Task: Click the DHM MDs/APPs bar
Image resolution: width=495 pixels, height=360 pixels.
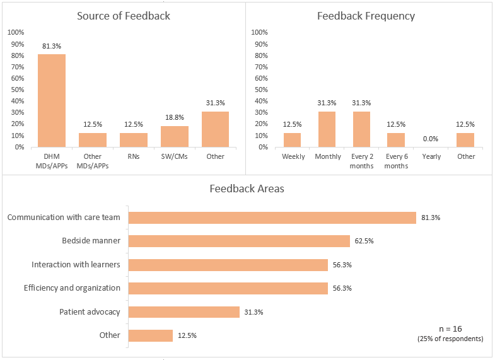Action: [x=51, y=100]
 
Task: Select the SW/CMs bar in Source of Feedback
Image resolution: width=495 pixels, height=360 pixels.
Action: [x=175, y=136]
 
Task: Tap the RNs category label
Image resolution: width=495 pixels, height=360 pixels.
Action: [x=134, y=156]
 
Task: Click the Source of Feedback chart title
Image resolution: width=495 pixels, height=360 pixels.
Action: [x=124, y=16]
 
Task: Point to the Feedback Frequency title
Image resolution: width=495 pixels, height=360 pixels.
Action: [x=366, y=16]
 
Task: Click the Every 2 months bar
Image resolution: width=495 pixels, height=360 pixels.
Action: [x=361, y=129]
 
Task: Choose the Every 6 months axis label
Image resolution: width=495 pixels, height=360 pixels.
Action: [x=396, y=161]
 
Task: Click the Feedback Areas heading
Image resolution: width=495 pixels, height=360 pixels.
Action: [x=247, y=189]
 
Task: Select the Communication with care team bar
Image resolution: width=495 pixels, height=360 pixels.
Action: [x=272, y=218]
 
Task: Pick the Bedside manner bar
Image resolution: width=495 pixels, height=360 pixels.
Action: [x=239, y=241]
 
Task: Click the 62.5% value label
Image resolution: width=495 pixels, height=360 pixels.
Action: [x=364, y=241]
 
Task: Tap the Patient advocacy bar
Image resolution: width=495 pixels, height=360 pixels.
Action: [x=184, y=311]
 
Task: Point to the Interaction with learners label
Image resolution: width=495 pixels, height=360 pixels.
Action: [x=76, y=264]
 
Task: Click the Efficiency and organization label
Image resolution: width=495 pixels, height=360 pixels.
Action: [x=72, y=287]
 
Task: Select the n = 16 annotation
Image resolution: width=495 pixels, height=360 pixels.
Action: [x=450, y=329]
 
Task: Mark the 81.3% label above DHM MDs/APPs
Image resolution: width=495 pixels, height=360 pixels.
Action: [x=51, y=46]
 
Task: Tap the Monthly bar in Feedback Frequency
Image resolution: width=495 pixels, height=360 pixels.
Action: [x=327, y=129]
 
